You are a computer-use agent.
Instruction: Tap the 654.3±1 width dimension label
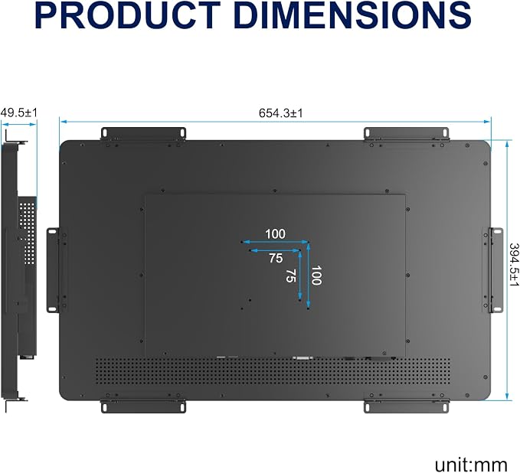pyautogui.click(x=281, y=113)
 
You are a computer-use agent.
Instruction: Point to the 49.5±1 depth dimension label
pyautogui.click(x=19, y=113)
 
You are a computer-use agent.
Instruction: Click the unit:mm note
pyautogui.click(x=471, y=465)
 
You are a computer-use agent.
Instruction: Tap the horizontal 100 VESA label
pyautogui.click(x=275, y=234)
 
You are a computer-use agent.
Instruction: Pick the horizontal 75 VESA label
pyautogui.click(x=276, y=258)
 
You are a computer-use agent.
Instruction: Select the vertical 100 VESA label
pyautogui.click(x=316, y=275)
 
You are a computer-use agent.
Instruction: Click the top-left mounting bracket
pyautogui.click(x=143, y=134)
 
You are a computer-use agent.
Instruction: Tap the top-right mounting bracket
pyautogui.click(x=407, y=134)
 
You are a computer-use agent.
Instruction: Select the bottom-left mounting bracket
pyautogui.click(x=143, y=406)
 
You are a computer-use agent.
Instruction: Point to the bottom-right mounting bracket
pyautogui.click(x=407, y=406)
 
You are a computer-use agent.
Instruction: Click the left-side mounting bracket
pyautogui.click(x=53, y=270)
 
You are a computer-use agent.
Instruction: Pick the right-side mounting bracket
pyautogui.click(x=496, y=270)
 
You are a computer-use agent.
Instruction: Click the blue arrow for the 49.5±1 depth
pyautogui.click(x=18, y=125)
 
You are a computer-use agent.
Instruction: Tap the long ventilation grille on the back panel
pyautogui.click(x=273, y=371)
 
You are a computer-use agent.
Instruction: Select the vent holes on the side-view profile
pyautogui.click(x=27, y=232)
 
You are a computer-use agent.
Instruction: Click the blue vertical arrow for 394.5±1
pyautogui.click(x=507, y=270)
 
